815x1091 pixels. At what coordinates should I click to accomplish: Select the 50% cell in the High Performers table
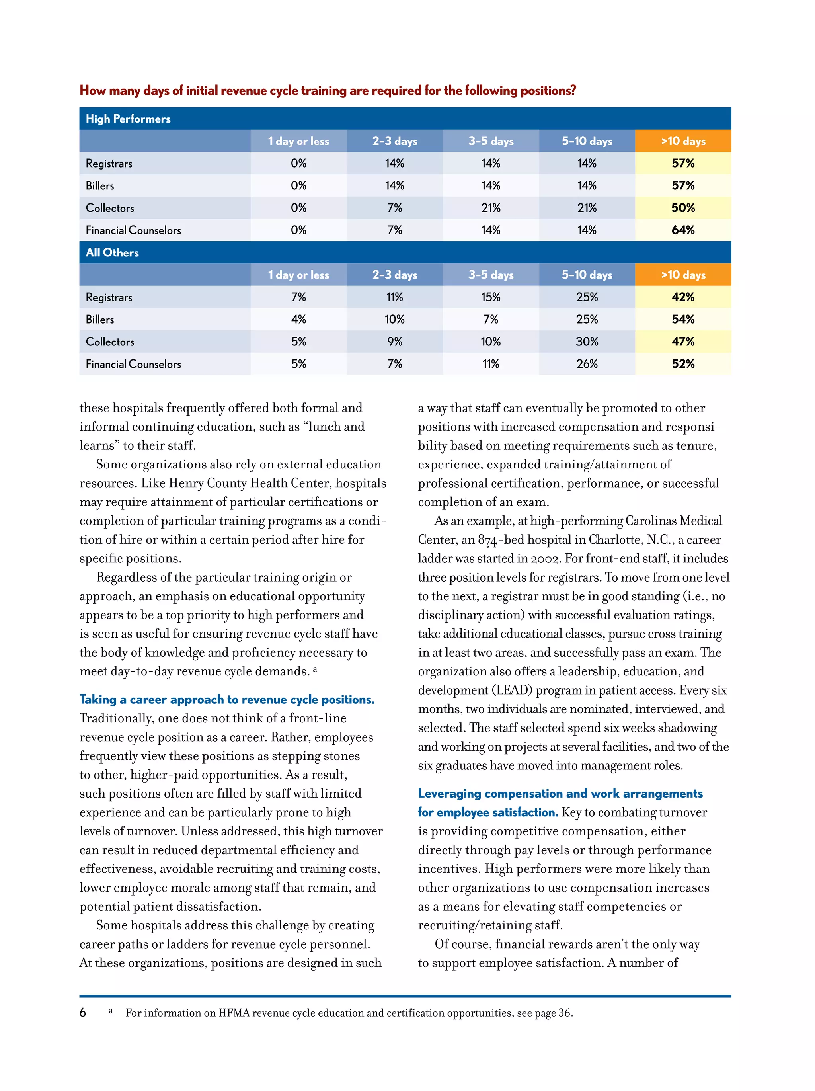pyautogui.click(x=682, y=208)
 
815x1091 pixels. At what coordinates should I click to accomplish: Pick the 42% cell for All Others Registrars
pyautogui.click(x=682, y=297)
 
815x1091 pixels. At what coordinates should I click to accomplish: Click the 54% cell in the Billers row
pyautogui.click(x=682, y=319)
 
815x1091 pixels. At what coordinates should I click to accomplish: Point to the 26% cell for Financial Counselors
pyautogui.click(x=587, y=363)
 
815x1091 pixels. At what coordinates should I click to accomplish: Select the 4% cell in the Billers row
pyautogui.click(x=298, y=319)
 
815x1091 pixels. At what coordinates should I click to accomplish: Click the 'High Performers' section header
pyautogui.click(x=128, y=119)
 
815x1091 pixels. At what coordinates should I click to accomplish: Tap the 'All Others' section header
pyautogui.click(x=112, y=252)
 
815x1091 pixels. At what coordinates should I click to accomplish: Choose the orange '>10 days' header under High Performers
pyautogui.click(x=683, y=141)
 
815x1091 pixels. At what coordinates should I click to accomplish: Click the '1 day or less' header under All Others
pyautogui.click(x=298, y=275)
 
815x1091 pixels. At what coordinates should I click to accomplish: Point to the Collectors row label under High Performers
pyautogui.click(x=110, y=208)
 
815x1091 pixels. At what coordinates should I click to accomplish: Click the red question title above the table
pyautogui.click(x=328, y=91)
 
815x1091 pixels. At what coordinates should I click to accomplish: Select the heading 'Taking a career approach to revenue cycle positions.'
pyautogui.click(x=227, y=699)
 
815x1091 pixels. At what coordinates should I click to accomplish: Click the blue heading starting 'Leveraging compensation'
pyautogui.click(x=560, y=794)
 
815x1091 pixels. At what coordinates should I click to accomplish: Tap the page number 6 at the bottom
pyautogui.click(x=83, y=1013)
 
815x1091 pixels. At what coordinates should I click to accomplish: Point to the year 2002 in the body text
pyautogui.click(x=545, y=559)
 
